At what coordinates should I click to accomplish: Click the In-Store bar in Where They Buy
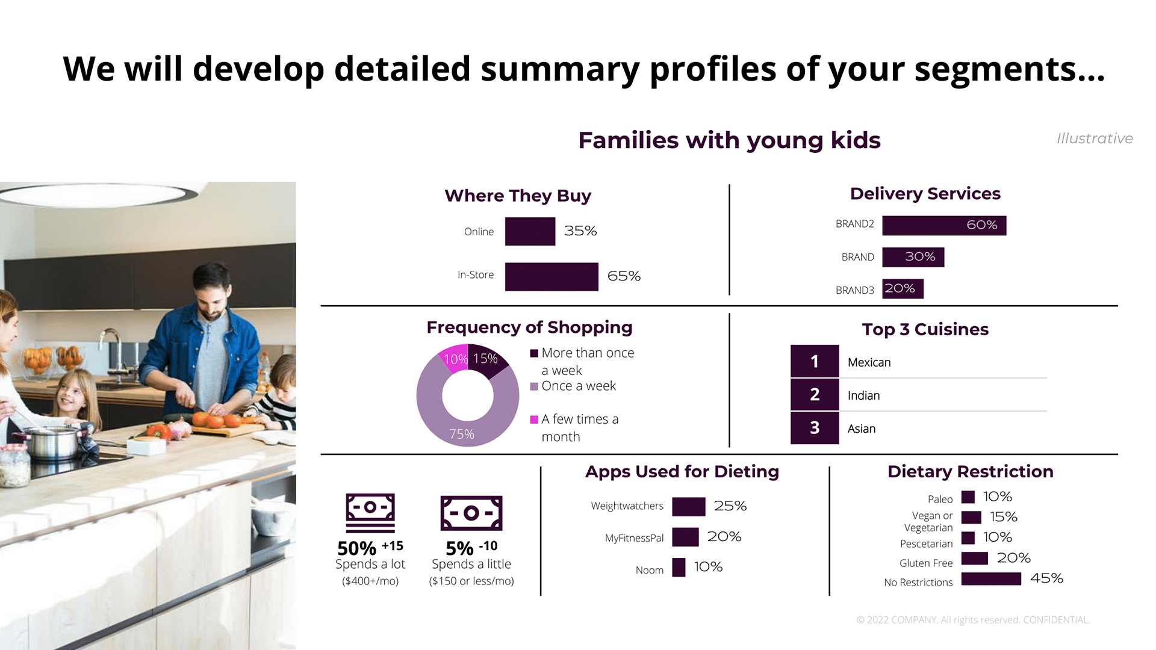click(552, 277)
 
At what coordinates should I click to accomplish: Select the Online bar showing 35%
click(530, 232)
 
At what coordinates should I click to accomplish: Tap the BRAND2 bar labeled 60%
click(943, 226)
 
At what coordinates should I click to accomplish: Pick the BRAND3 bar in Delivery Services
click(903, 289)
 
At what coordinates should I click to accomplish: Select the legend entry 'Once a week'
click(578, 386)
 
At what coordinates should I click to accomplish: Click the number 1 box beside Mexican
click(814, 361)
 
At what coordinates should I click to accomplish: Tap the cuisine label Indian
click(863, 395)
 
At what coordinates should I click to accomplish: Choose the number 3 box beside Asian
click(814, 428)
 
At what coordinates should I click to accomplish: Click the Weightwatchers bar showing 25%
click(688, 507)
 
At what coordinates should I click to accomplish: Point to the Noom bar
click(679, 568)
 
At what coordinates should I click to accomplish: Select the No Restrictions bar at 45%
click(991, 579)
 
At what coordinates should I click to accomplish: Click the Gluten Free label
click(925, 563)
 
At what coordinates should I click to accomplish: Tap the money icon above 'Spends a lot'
click(370, 512)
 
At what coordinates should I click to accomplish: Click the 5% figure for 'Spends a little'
click(459, 548)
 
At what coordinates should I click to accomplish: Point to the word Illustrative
click(1095, 138)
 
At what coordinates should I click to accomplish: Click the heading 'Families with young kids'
click(729, 140)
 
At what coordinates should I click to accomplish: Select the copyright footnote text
click(973, 620)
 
